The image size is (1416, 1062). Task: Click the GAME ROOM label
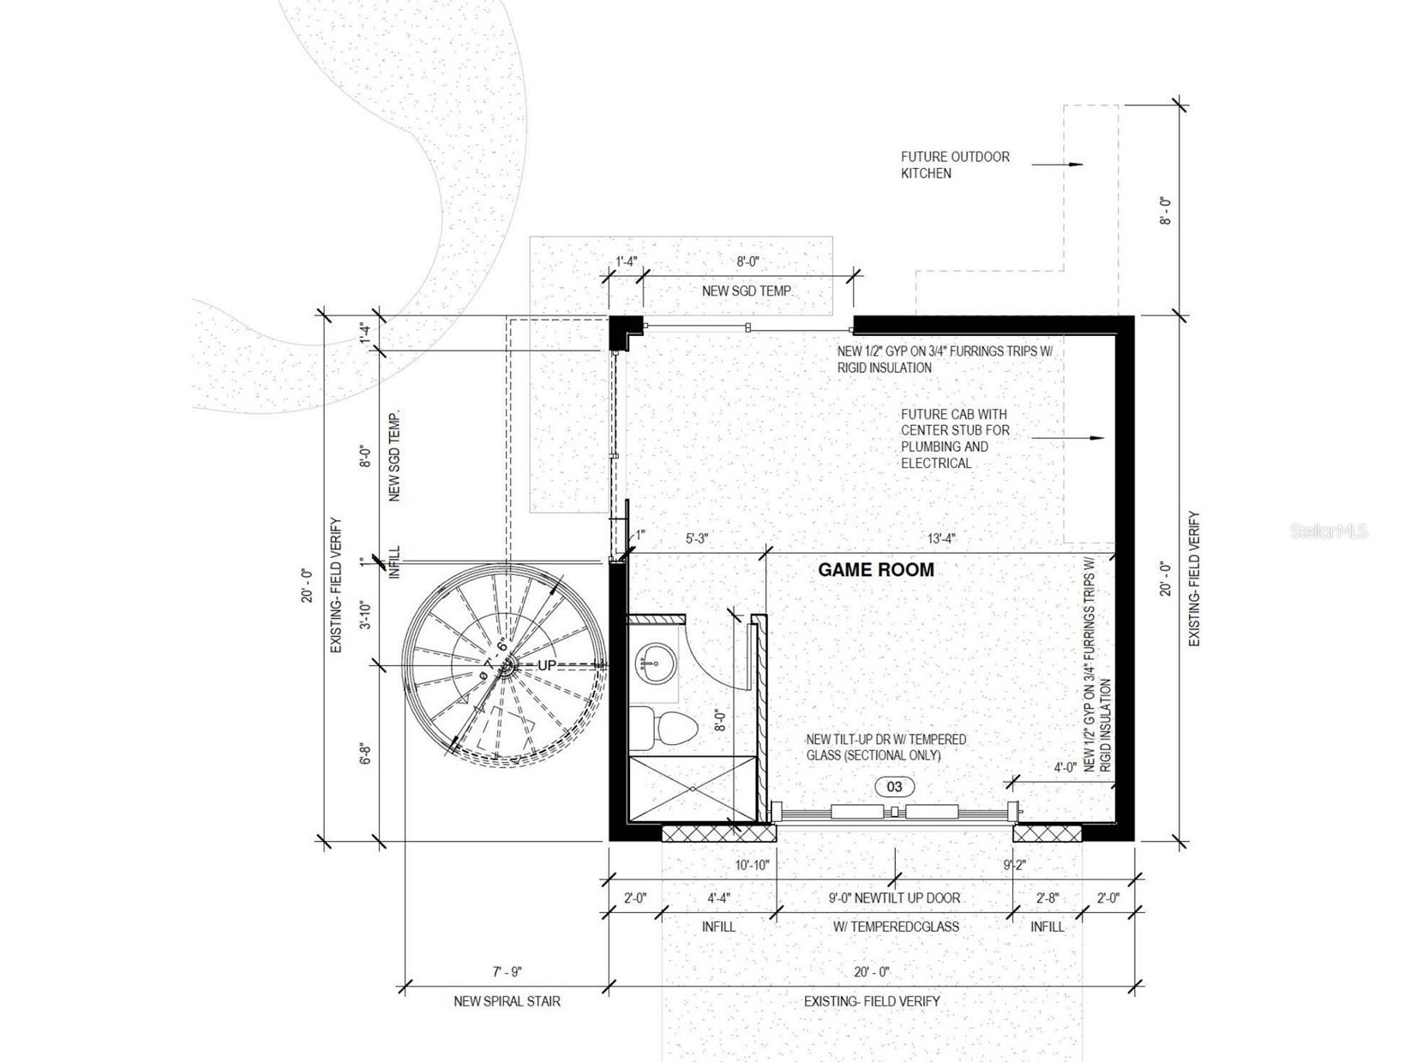point(875,569)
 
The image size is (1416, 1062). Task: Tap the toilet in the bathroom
point(663,729)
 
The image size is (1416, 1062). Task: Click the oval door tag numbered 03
point(894,786)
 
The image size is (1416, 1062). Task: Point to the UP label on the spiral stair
point(546,665)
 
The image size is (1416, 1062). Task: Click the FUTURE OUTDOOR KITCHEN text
point(955,165)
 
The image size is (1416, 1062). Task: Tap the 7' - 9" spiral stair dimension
point(507,972)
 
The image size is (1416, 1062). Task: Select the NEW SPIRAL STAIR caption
point(507,1001)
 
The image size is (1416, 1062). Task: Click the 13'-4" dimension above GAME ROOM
point(941,538)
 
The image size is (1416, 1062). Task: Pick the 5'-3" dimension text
point(698,538)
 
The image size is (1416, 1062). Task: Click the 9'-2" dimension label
point(1015,866)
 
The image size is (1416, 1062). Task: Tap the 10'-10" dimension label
point(753,866)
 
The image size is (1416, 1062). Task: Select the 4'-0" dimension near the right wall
point(1065,767)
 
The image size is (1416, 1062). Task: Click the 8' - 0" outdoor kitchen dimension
point(1165,210)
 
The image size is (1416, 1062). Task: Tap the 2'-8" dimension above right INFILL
point(1047,897)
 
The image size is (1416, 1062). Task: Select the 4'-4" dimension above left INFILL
point(718,897)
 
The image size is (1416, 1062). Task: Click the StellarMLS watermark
point(1329,531)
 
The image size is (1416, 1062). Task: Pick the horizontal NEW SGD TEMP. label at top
point(747,291)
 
